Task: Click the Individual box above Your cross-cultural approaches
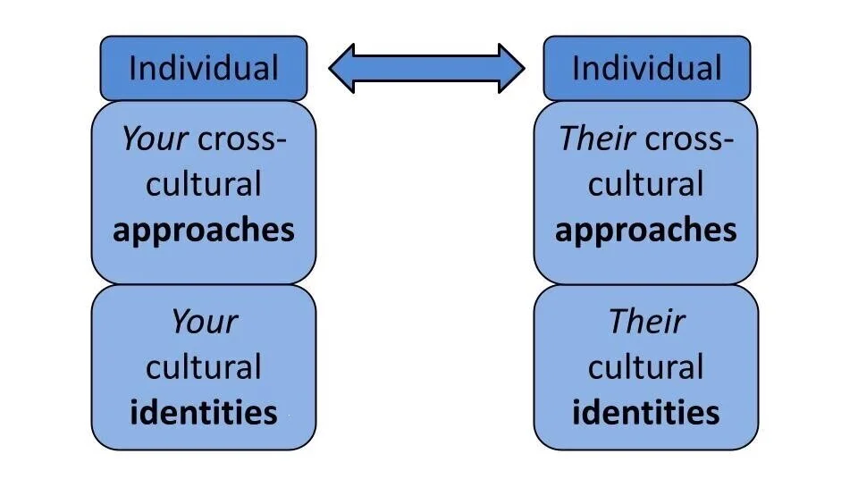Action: (x=203, y=68)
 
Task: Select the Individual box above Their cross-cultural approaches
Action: (x=646, y=68)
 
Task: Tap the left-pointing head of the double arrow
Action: (x=345, y=68)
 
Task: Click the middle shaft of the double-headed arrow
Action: (x=427, y=68)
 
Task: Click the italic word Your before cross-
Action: (x=156, y=139)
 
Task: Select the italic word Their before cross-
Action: (x=598, y=139)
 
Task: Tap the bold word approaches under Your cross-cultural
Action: (x=204, y=230)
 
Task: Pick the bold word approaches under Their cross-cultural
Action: (x=646, y=230)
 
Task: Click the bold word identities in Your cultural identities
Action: (x=204, y=412)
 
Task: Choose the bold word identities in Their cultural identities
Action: (x=646, y=412)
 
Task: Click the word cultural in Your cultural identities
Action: (x=204, y=367)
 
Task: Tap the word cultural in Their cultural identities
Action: (x=646, y=367)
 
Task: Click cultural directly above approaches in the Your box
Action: (x=204, y=184)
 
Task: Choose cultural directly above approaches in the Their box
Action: (x=646, y=184)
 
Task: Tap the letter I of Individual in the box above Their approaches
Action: (x=576, y=68)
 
